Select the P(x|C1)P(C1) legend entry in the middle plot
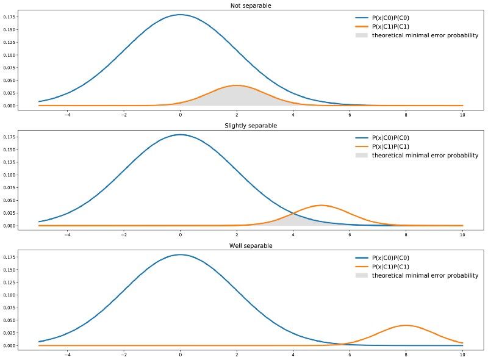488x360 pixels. [390, 147]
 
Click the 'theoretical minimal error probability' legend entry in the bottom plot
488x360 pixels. [425, 276]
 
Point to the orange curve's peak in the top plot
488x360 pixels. [236, 85]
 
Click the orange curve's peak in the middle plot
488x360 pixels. [321, 205]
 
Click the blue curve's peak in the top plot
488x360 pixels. [180, 15]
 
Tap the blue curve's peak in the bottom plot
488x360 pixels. [180, 254]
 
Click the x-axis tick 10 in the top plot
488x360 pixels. [462, 113]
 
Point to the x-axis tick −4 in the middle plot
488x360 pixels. [67, 234]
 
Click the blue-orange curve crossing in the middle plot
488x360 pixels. [294, 213]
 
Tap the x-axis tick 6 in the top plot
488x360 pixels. [350, 113]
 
